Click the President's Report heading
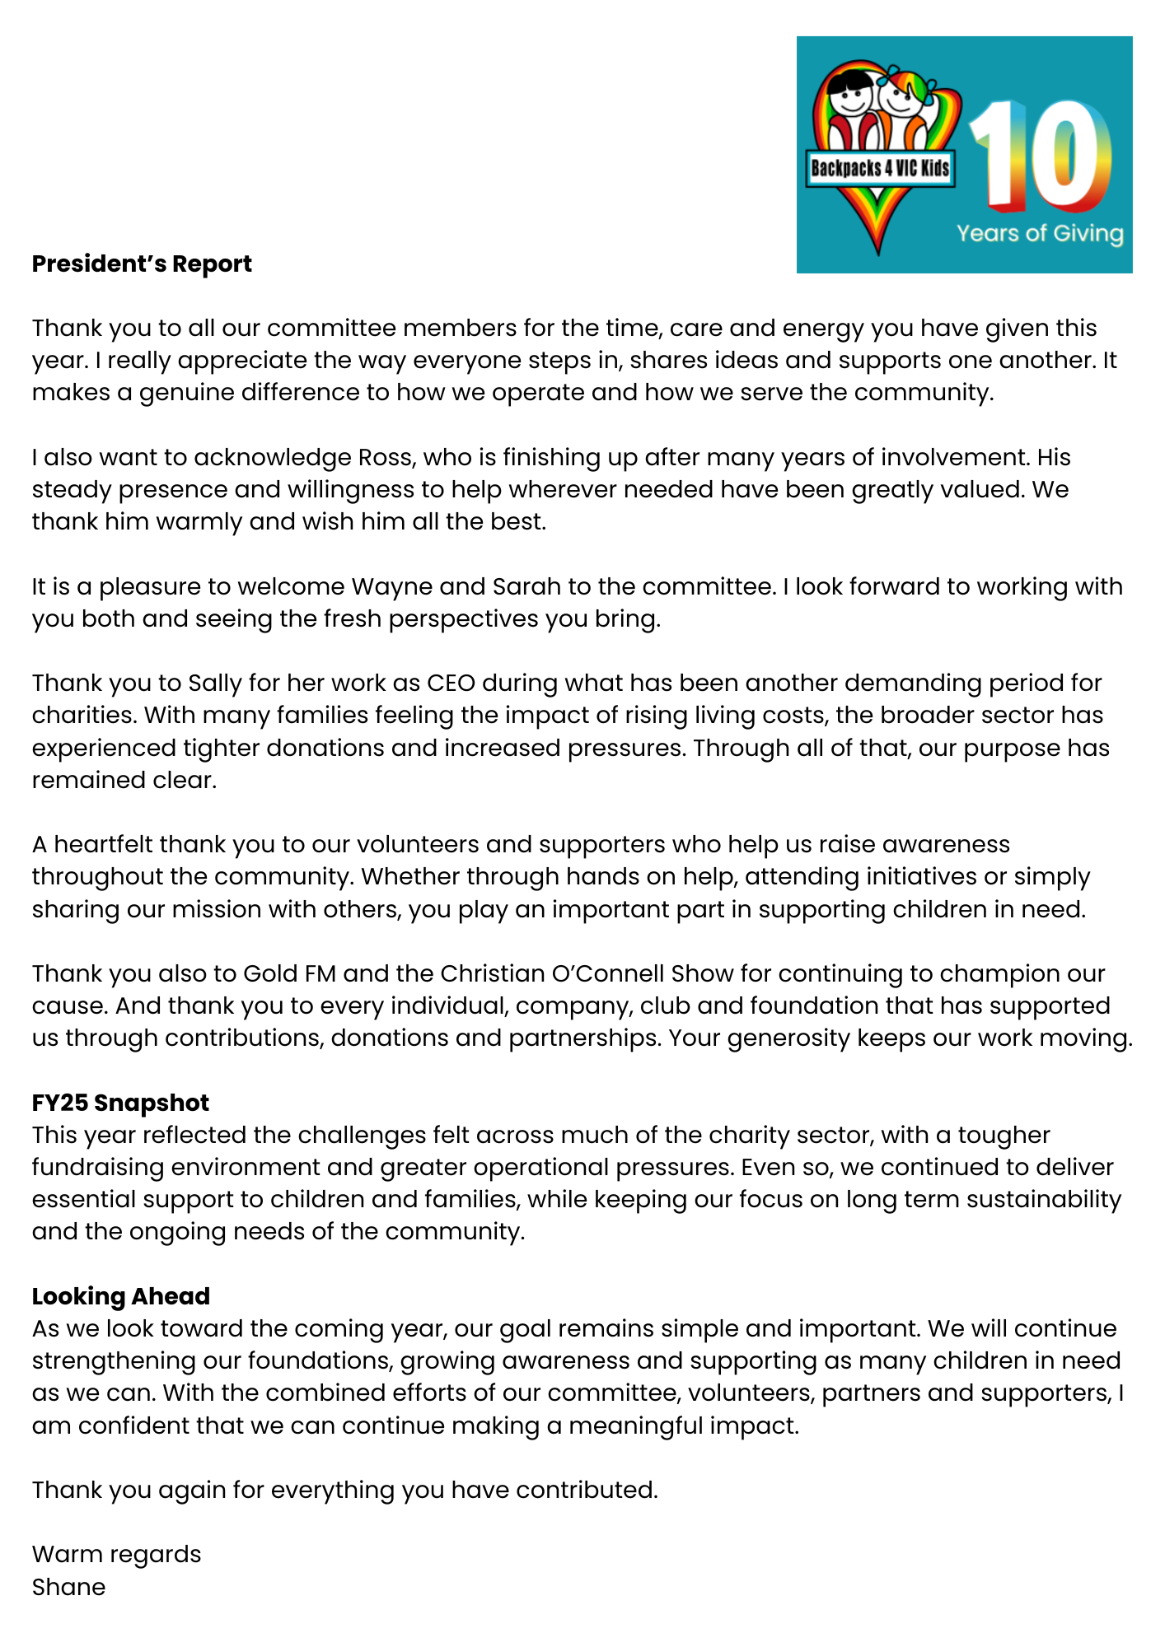(142, 264)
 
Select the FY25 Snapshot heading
(120, 1103)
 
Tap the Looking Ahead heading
(120, 1296)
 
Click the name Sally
(215, 684)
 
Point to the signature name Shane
(68, 1587)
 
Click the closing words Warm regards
(116, 1555)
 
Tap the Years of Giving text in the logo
(1040, 234)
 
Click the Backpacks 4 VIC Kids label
(880, 169)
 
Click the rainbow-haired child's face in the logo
(901, 100)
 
